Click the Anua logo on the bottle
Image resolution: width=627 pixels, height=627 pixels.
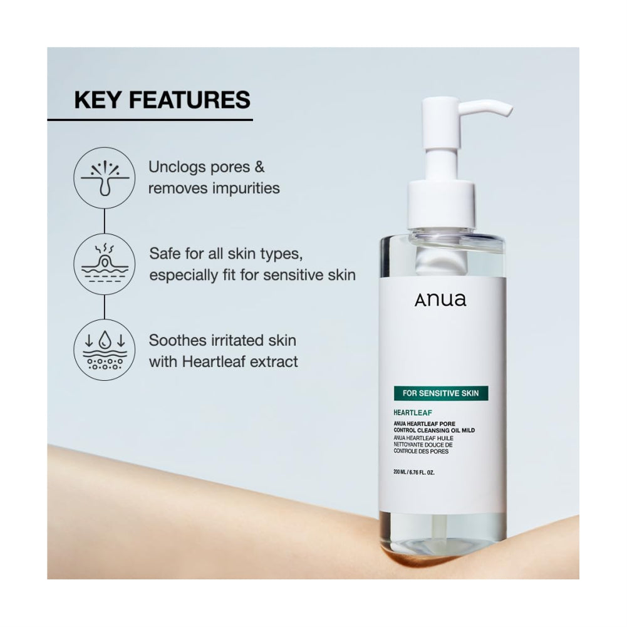440,300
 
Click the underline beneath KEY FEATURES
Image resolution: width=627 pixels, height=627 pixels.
150,119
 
